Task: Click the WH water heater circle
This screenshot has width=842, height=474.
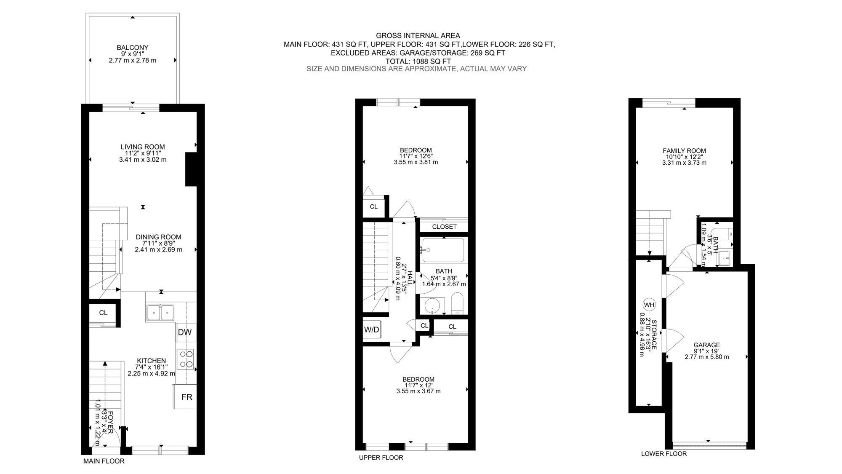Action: point(649,305)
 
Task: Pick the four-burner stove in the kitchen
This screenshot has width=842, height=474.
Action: point(186,359)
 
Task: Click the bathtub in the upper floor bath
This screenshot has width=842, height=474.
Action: point(443,250)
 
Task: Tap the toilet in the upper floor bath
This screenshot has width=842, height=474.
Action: point(457,304)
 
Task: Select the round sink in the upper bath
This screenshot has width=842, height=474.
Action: point(433,305)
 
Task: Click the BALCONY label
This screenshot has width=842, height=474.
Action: point(133,48)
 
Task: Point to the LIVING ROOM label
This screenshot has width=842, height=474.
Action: point(143,147)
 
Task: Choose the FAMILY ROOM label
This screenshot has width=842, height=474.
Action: point(684,150)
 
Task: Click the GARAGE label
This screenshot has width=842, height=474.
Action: point(707,345)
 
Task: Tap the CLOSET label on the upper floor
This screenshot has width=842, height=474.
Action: point(445,227)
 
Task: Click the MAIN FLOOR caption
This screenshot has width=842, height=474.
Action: point(104,461)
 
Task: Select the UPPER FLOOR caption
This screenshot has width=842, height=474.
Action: point(381,458)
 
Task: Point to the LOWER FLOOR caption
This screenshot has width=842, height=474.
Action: point(664,453)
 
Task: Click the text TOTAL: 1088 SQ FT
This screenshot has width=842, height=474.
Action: point(418,61)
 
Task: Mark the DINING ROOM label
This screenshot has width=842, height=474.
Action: point(158,237)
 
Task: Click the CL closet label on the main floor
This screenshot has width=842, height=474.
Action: point(103,313)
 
